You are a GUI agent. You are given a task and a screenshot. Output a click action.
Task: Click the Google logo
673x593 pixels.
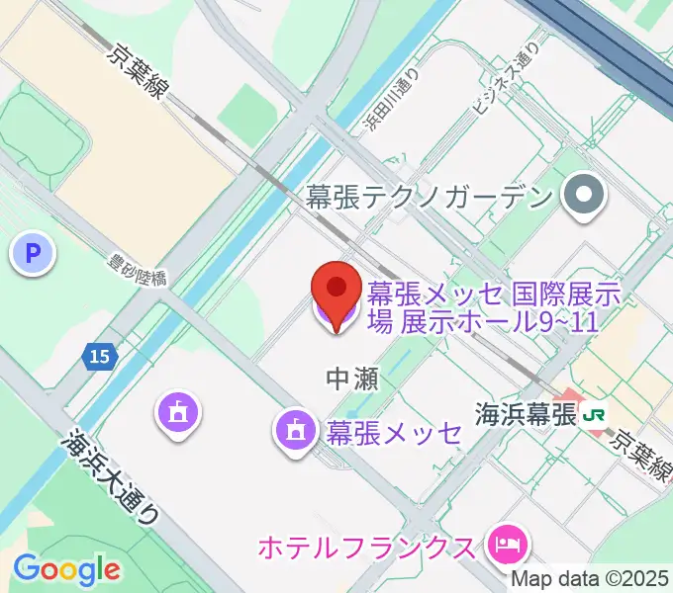click(x=67, y=568)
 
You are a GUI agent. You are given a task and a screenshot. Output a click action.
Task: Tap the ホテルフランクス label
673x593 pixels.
click(x=366, y=546)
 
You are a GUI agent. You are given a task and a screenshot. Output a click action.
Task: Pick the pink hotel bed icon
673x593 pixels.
click(x=507, y=543)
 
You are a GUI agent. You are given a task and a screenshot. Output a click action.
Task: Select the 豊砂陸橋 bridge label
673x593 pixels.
click(x=137, y=271)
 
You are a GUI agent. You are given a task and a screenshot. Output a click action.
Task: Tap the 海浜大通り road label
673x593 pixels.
click(x=110, y=474)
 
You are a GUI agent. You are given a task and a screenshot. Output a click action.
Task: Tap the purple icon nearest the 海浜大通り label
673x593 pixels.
click(x=177, y=412)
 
